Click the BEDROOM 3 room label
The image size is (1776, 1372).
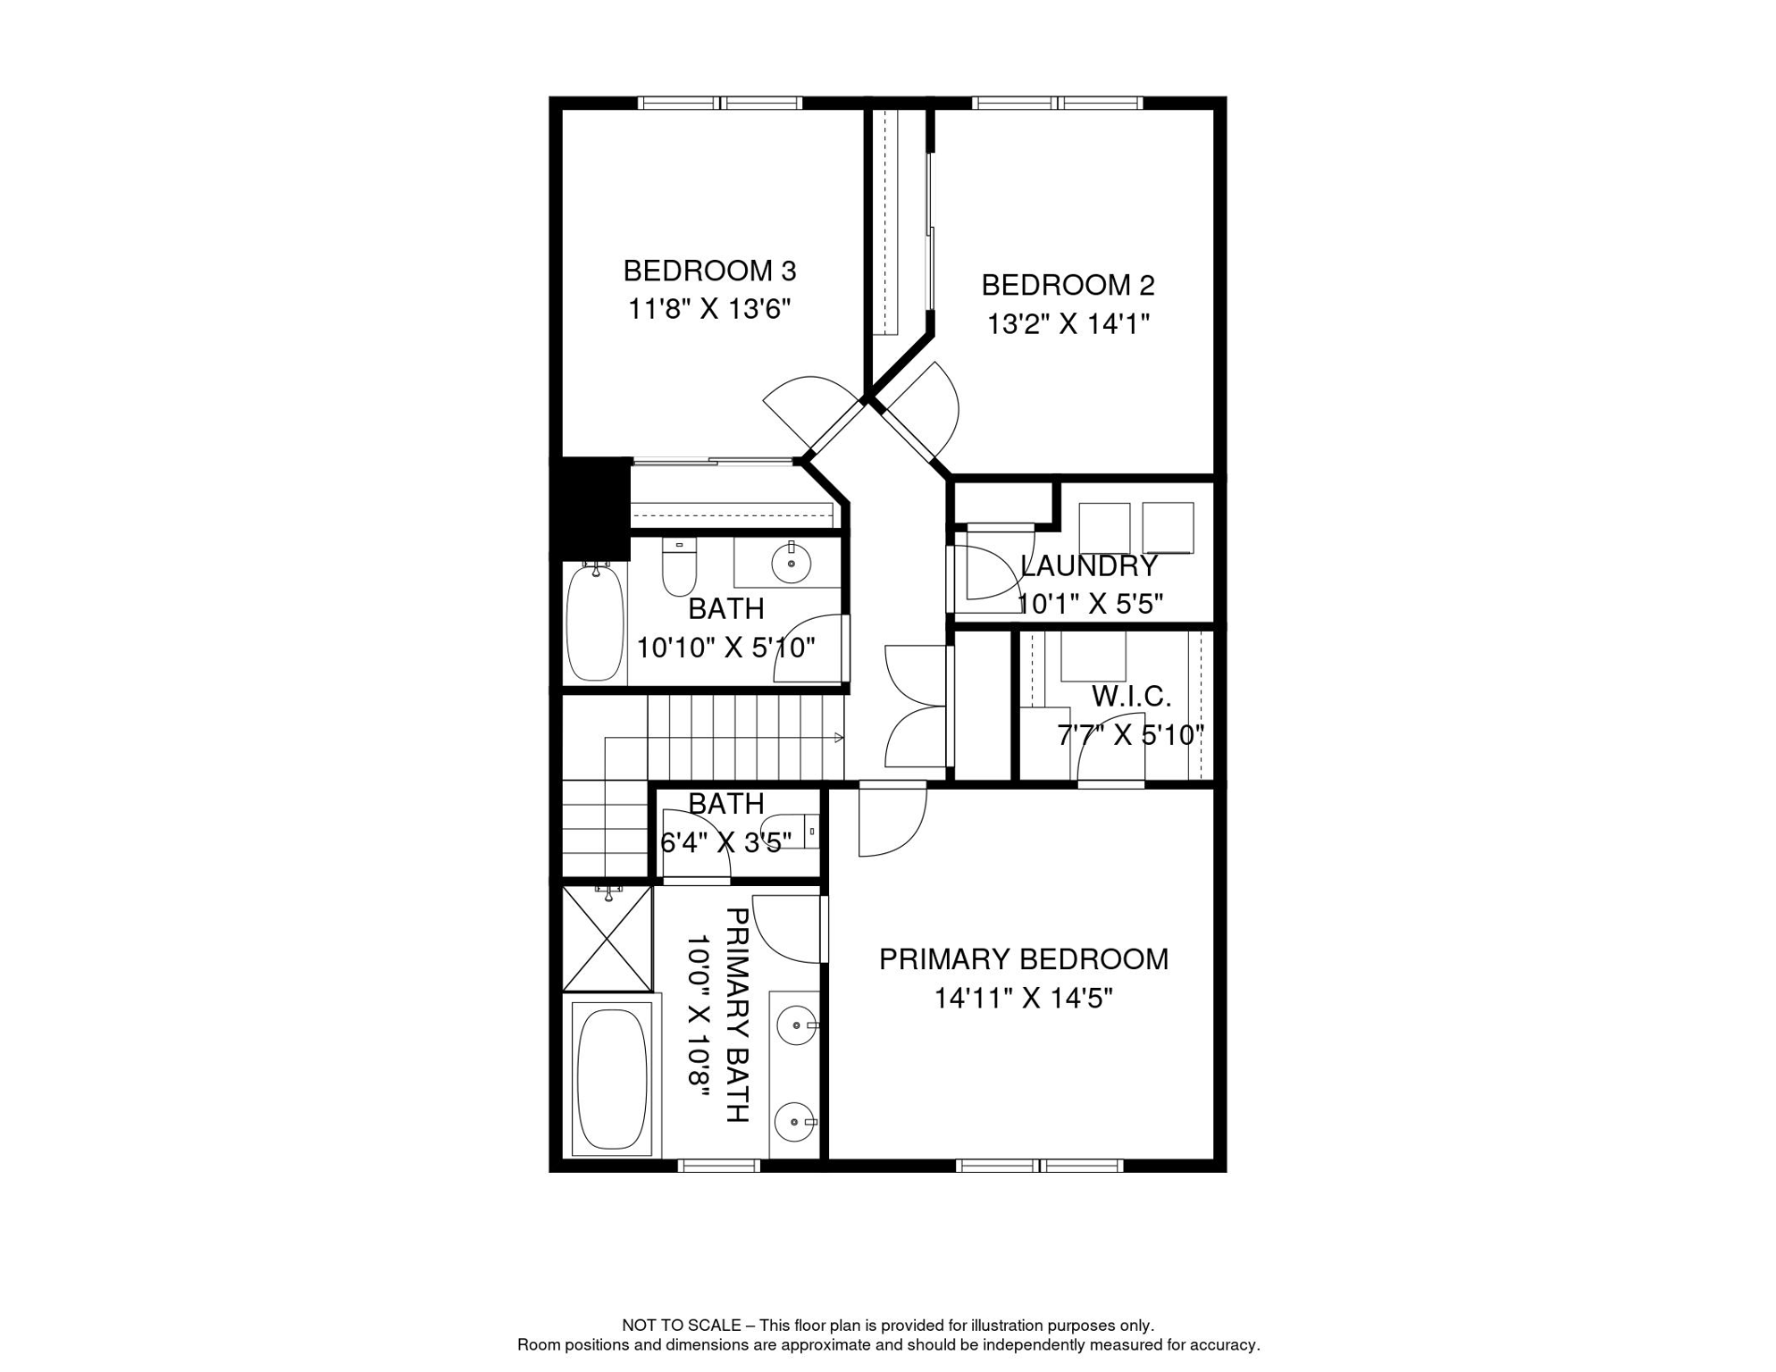point(709,271)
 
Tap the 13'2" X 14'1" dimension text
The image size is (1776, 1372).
point(1068,323)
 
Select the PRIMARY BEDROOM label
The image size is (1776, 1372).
point(1023,959)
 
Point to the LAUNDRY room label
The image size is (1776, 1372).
point(1088,566)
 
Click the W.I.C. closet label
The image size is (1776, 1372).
point(1130,696)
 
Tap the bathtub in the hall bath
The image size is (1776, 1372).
point(595,622)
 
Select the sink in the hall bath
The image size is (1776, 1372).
point(791,564)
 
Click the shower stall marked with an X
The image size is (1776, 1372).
point(607,938)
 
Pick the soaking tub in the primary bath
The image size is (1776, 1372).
point(612,1079)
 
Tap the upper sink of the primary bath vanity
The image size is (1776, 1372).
point(796,1025)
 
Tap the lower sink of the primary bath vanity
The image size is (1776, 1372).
point(794,1121)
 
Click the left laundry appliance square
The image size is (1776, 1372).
point(1104,528)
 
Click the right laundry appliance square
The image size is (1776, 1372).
point(1168,527)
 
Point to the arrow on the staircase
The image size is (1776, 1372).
point(838,737)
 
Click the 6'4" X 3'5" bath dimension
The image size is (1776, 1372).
point(725,842)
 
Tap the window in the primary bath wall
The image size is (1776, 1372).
point(718,1166)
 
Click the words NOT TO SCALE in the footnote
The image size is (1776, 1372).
point(681,1326)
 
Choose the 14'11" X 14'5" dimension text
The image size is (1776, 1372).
point(1023,998)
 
